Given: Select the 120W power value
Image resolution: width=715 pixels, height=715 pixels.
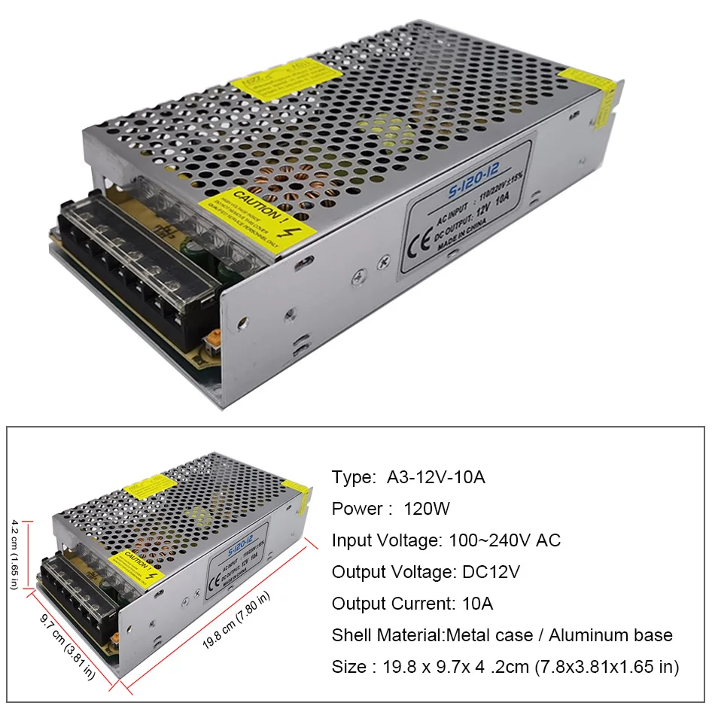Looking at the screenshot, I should pyautogui.click(x=427, y=509).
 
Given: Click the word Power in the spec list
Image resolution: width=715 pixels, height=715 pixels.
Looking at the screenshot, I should pyautogui.click(x=357, y=509).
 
